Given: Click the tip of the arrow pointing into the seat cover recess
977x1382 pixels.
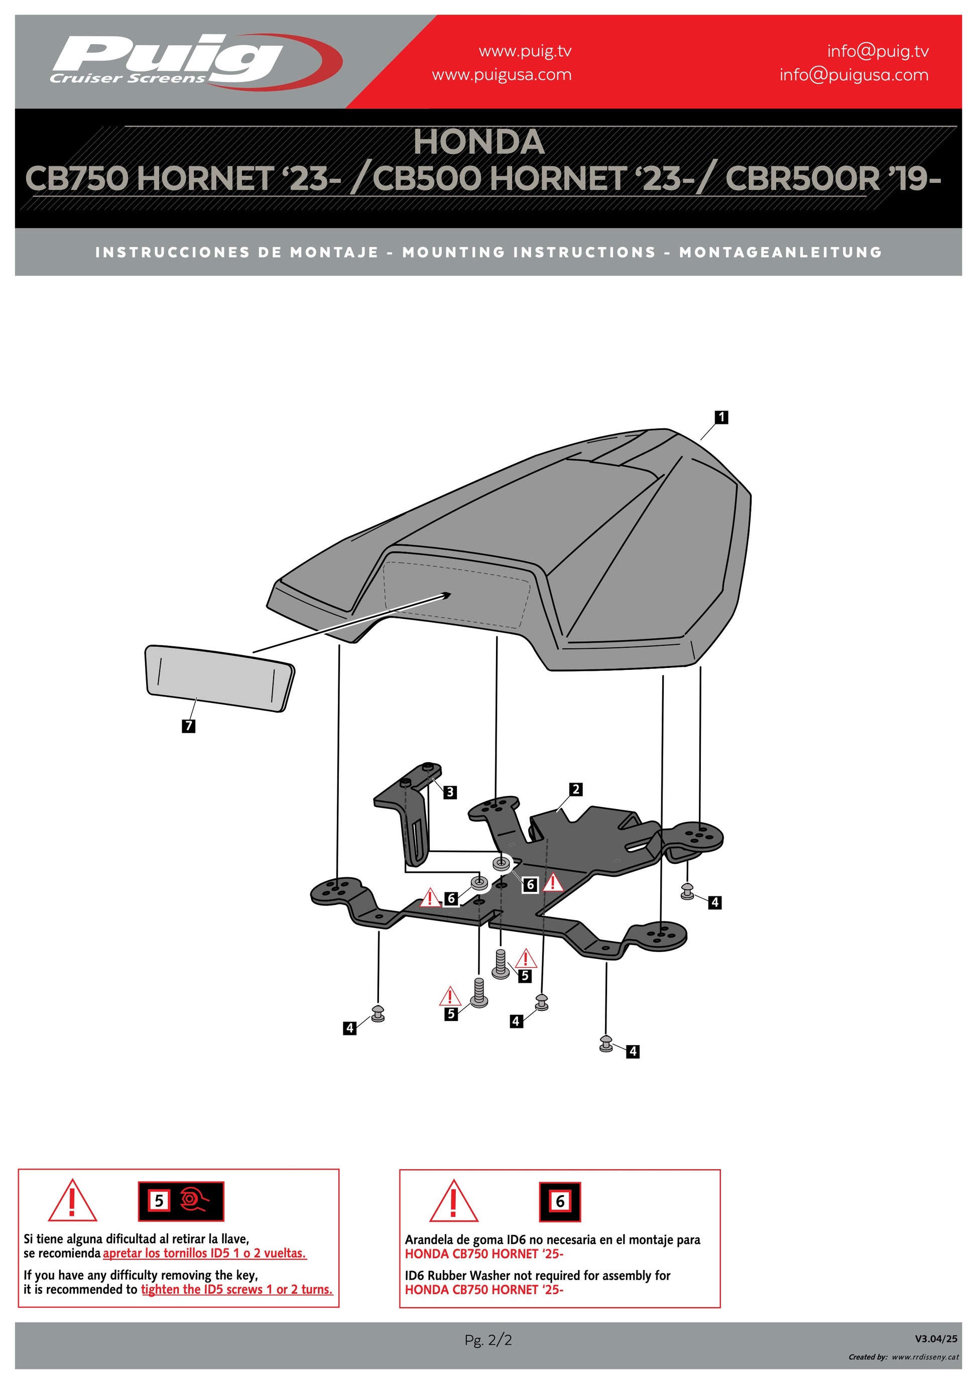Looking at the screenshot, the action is click(451, 593).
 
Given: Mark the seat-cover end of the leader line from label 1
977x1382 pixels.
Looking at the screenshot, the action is click(700, 440).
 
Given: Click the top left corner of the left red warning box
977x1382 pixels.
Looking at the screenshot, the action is click(19, 1170).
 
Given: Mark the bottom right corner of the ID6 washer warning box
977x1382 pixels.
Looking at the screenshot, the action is click(720, 1307).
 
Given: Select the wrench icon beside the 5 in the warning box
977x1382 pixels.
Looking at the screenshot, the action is click(194, 1201).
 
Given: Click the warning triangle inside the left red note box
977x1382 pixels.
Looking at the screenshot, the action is click(72, 1200).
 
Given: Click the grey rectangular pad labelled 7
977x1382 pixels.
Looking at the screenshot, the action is click(219, 678).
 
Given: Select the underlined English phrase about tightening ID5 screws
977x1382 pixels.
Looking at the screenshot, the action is click(237, 1289).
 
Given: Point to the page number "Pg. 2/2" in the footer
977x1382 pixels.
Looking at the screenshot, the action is click(488, 1340).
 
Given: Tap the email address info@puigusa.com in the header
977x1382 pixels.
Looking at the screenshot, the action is click(853, 75).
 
